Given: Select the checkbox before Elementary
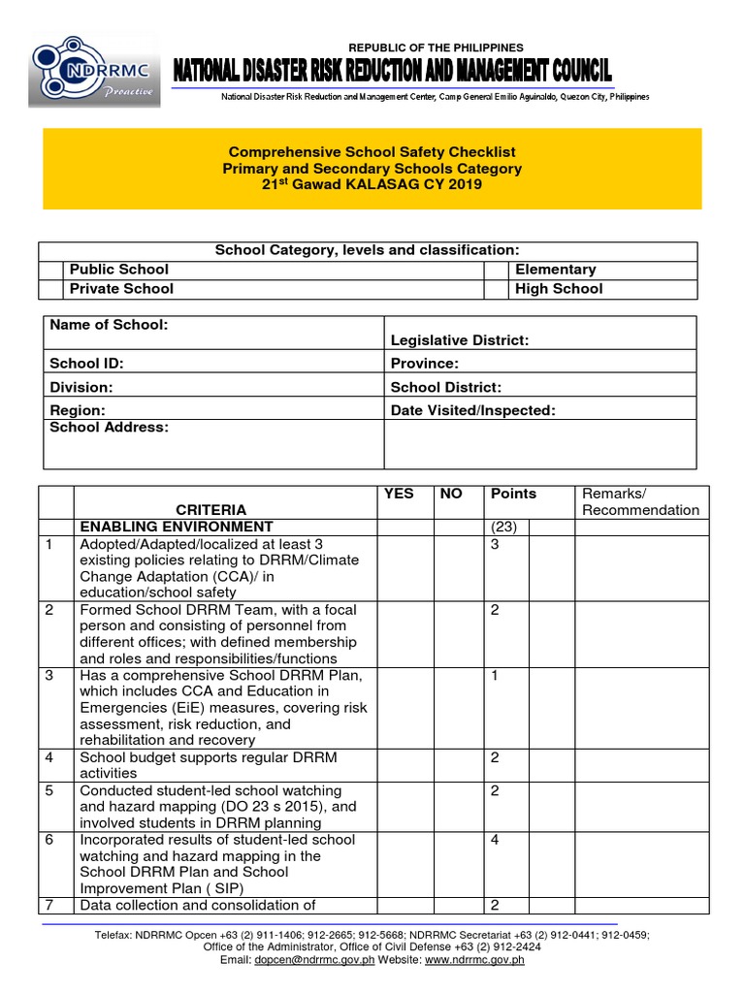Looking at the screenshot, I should tap(496, 270).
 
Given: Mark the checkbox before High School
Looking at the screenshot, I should tap(496, 289).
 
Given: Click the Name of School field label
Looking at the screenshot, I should tap(109, 325).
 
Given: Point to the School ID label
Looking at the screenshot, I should tap(87, 364).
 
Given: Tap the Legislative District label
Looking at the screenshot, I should tap(459, 340).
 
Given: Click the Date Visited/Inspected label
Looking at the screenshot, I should tap(472, 410).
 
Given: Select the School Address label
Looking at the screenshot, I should tap(109, 428).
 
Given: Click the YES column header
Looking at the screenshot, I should tap(399, 494).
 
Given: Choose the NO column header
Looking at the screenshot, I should tap(451, 494).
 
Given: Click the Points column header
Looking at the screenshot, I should tap(513, 494).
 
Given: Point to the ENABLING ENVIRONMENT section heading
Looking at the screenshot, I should tap(176, 527).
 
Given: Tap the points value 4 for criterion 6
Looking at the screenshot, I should tap(495, 840).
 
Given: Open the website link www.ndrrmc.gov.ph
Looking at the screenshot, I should tap(474, 960).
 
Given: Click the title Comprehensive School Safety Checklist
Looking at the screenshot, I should tap(372, 152).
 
